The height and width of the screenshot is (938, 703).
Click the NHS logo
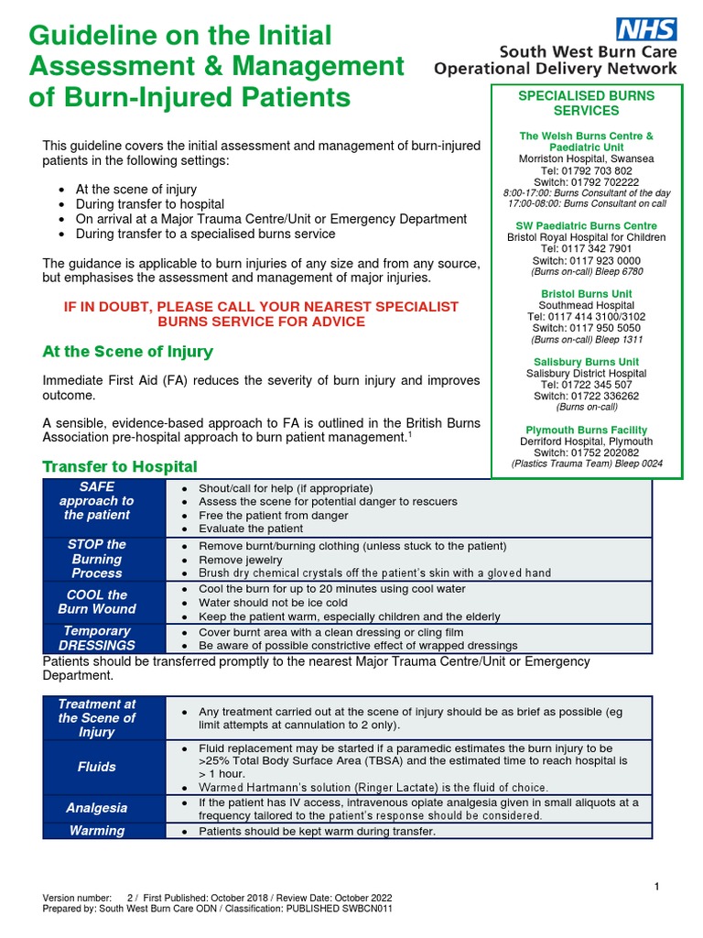647,28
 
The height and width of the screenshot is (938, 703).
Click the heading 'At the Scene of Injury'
127,352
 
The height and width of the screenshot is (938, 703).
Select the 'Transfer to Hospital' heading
120,467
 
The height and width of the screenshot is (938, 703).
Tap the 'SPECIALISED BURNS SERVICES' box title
587,104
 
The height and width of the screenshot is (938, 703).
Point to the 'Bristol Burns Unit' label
587,294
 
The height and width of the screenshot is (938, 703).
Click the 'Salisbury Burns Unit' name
587,362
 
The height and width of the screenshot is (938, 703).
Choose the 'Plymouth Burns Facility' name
587,430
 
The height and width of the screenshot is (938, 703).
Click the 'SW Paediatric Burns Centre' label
587,225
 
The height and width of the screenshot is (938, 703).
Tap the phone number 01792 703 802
587,170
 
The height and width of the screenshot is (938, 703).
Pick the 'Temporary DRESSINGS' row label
97,638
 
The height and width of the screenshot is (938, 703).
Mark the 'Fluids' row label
97,767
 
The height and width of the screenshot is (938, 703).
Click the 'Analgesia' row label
97,809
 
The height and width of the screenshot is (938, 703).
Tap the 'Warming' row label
97,831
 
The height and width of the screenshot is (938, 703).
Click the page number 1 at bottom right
657,886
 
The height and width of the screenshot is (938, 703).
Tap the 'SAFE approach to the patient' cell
97,501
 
